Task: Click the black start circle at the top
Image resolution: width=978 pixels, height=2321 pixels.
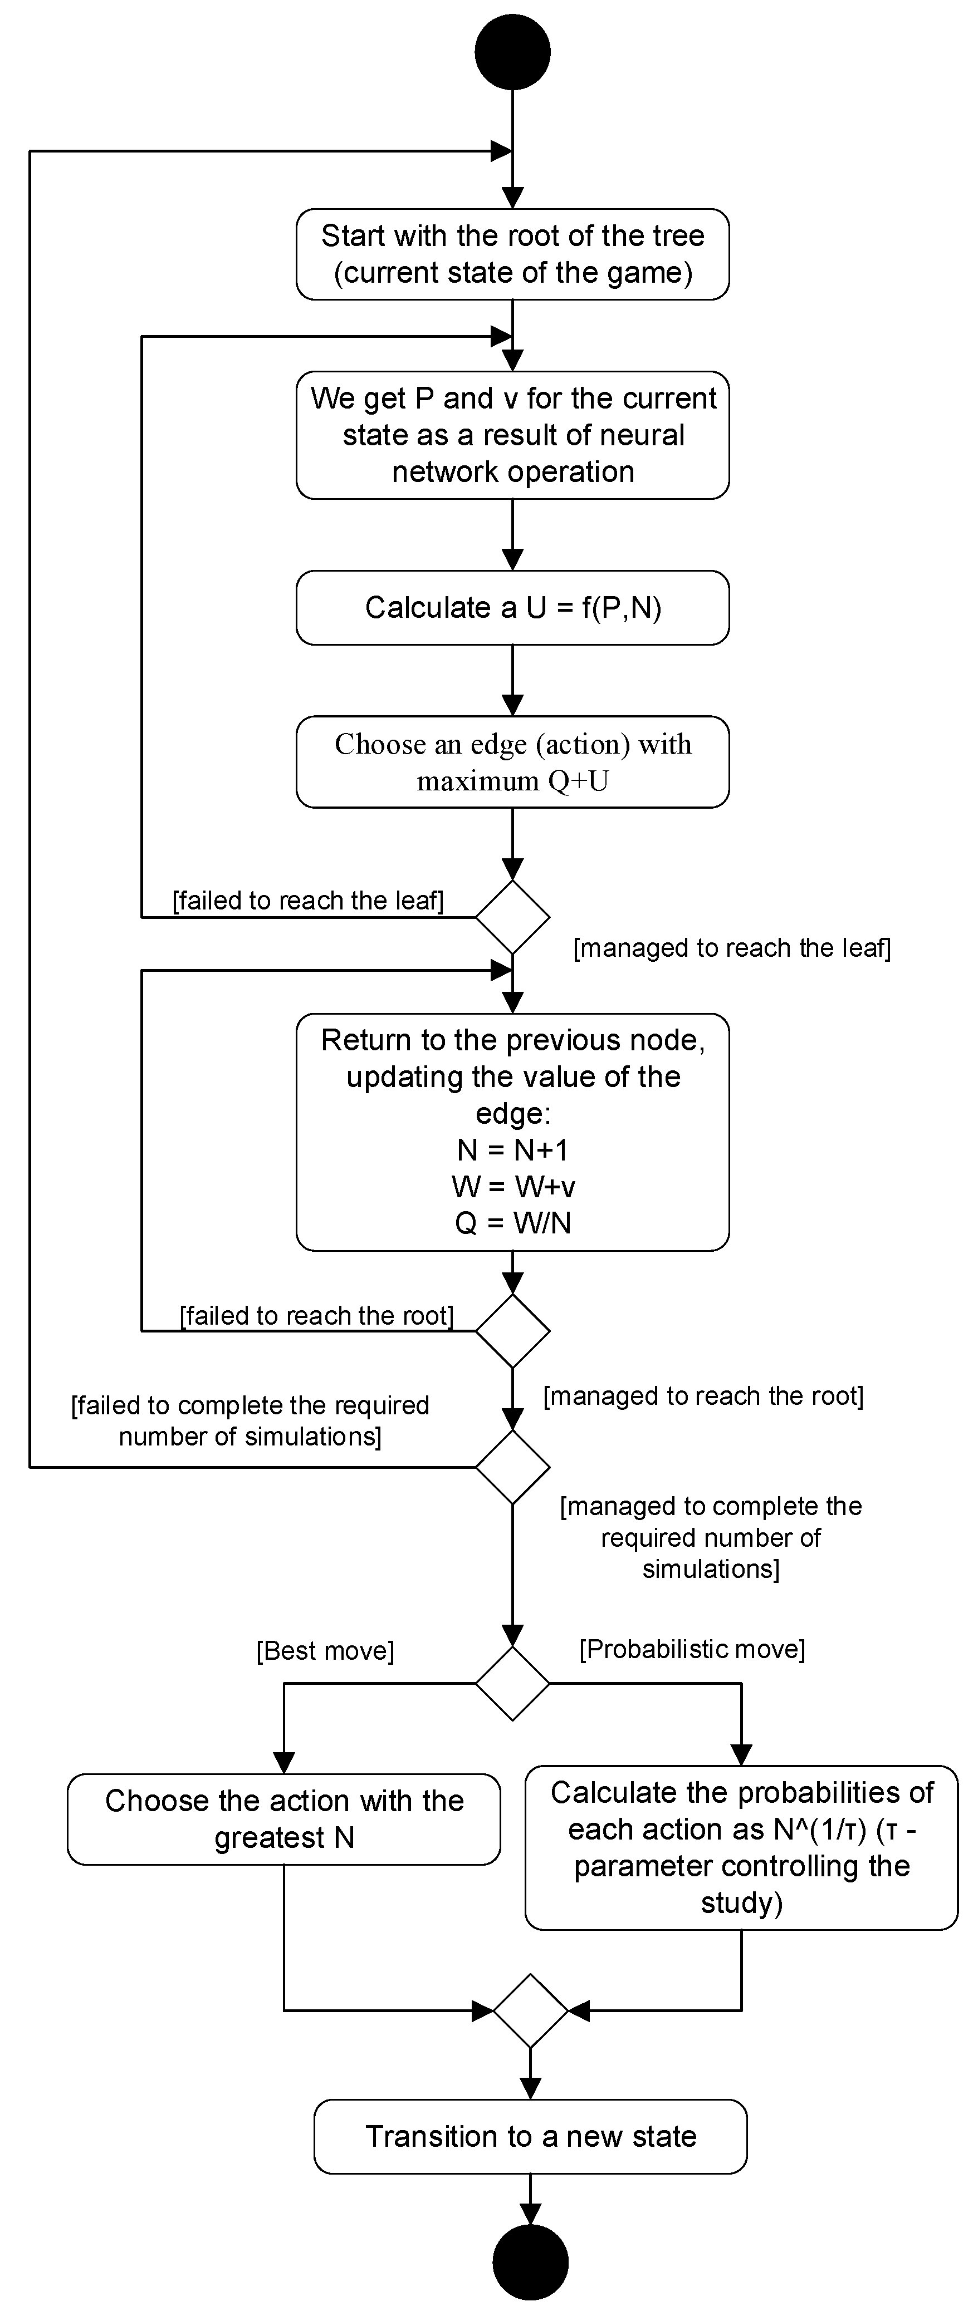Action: (513, 51)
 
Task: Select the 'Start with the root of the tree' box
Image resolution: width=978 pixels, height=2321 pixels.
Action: (513, 254)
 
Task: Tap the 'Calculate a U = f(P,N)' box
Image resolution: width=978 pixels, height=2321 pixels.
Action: (513, 607)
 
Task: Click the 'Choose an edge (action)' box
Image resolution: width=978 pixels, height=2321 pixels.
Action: (513, 761)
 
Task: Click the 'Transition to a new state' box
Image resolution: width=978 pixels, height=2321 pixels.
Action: (530, 2136)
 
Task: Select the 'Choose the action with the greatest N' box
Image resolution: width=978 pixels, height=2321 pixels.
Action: (284, 1819)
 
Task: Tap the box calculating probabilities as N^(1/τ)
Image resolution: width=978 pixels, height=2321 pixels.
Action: (741, 1847)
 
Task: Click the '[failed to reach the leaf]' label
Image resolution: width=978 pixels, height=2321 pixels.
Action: (309, 900)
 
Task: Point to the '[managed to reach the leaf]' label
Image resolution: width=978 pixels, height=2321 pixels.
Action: (732, 948)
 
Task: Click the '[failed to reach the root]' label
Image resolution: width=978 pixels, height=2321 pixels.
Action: (316, 1315)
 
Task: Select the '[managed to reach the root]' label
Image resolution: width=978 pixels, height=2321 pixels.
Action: (703, 1396)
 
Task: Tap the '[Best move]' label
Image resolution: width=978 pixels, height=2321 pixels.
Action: (325, 1651)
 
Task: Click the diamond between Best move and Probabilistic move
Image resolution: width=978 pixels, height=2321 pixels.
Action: (513, 1683)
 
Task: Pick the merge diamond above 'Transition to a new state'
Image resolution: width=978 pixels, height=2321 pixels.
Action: (530, 2010)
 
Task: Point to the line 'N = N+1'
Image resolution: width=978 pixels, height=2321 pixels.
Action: (513, 1150)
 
